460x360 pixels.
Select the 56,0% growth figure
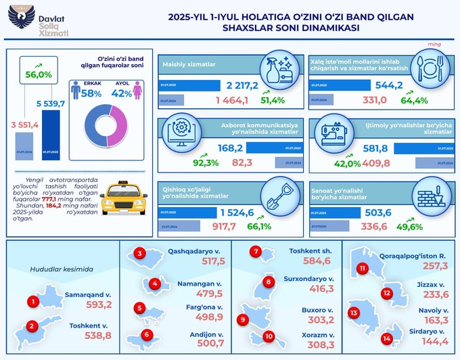pyautogui.click(x=39, y=75)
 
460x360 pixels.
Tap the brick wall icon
pyautogui.click(x=430, y=195)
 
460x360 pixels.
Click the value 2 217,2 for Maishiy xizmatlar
pyautogui.click(x=244, y=86)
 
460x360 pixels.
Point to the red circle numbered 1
pyautogui.click(x=32, y=302)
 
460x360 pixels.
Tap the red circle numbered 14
pyautogui.click(x=387, y=338)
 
